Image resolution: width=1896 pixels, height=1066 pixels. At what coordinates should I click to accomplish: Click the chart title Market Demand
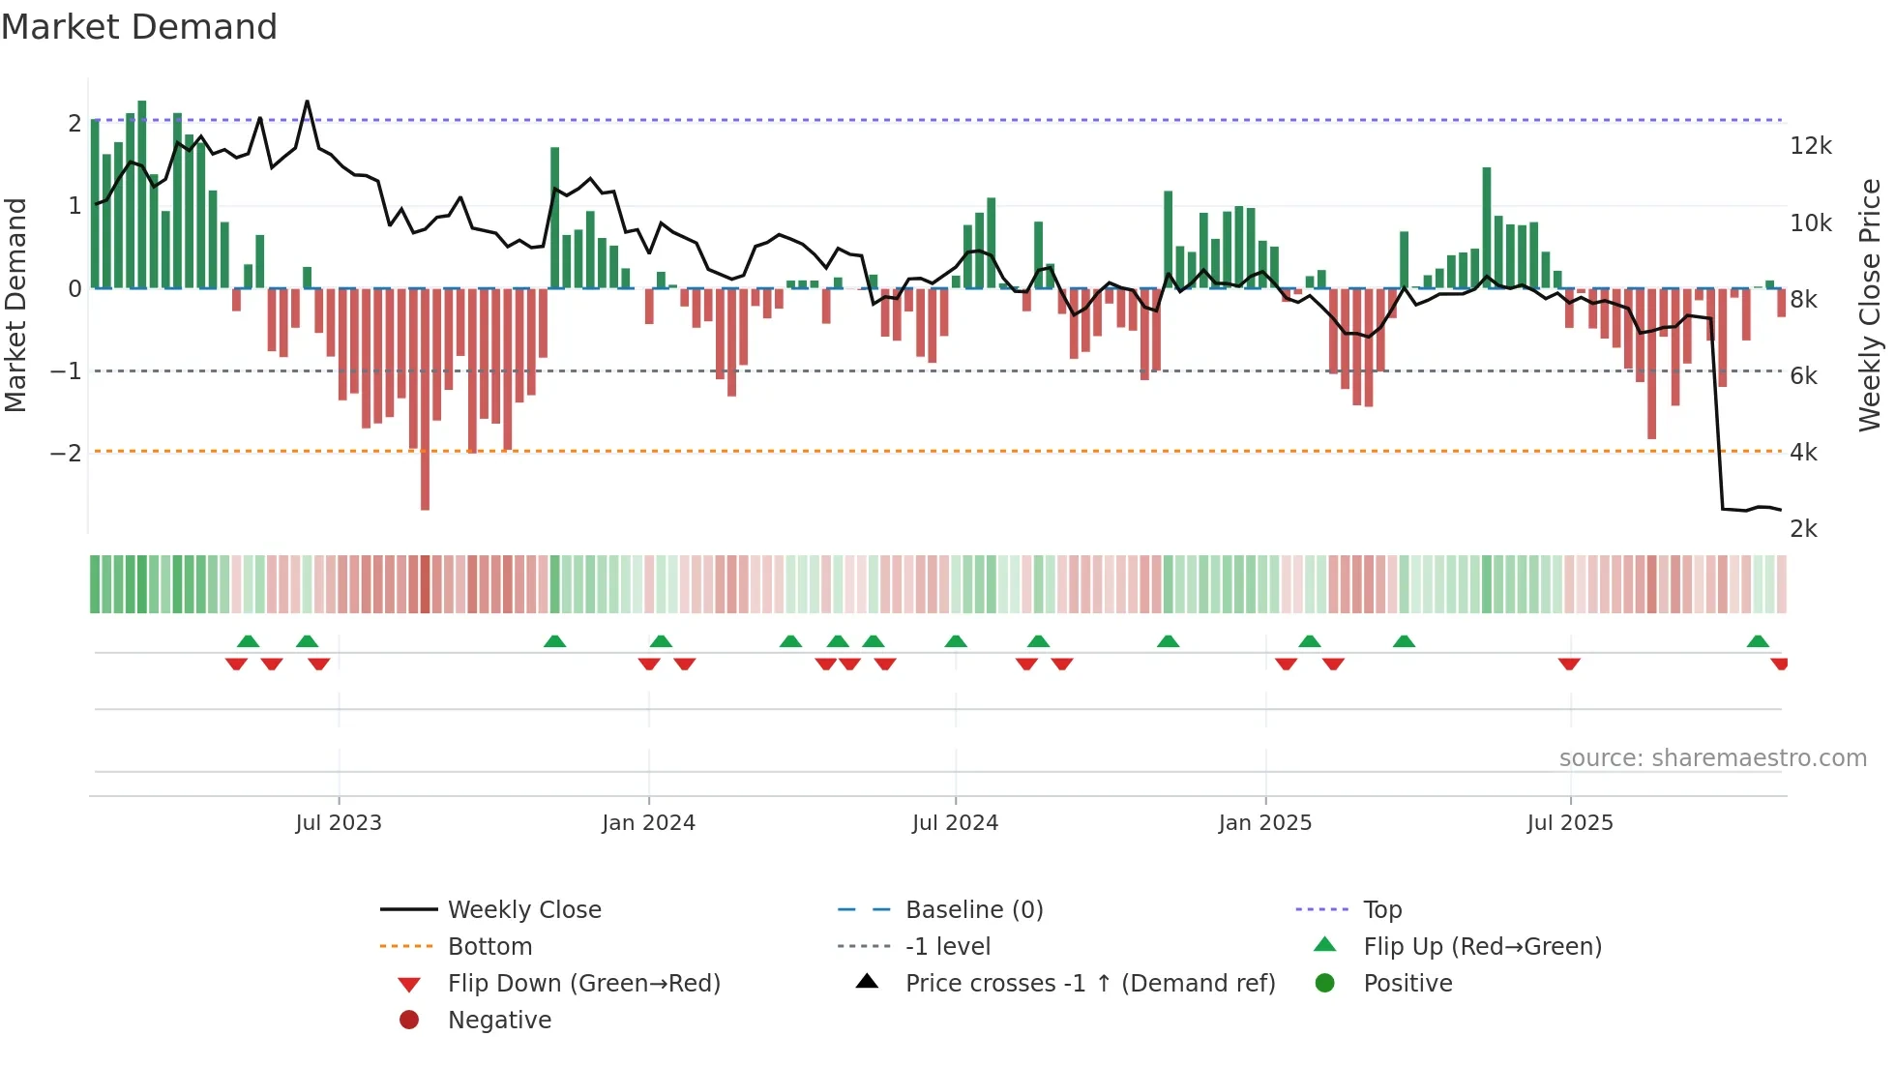point(139,27)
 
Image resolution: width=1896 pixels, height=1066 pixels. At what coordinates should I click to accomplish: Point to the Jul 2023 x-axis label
point(339,823)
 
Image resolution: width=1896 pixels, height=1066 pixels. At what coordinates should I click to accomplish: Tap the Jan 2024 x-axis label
point(648,823)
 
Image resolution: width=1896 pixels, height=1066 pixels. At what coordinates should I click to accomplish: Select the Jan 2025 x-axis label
point(1264,823)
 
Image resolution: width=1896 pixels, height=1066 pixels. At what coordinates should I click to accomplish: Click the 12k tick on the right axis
point(1810,146)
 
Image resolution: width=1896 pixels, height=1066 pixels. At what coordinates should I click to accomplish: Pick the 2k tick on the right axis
point(1803,529)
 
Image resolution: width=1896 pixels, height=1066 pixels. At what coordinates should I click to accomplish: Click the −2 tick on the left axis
point(66,453)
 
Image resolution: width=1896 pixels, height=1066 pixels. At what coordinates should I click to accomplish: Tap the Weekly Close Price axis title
point(1870,305)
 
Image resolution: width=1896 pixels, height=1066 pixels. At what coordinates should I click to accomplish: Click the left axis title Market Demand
point(15,305)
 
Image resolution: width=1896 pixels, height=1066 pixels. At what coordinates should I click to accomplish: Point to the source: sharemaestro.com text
point(1712,758)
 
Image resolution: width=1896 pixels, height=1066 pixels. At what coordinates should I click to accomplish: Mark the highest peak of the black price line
point(308,102)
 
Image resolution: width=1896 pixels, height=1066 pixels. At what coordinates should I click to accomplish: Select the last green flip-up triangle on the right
point(1758,641)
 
